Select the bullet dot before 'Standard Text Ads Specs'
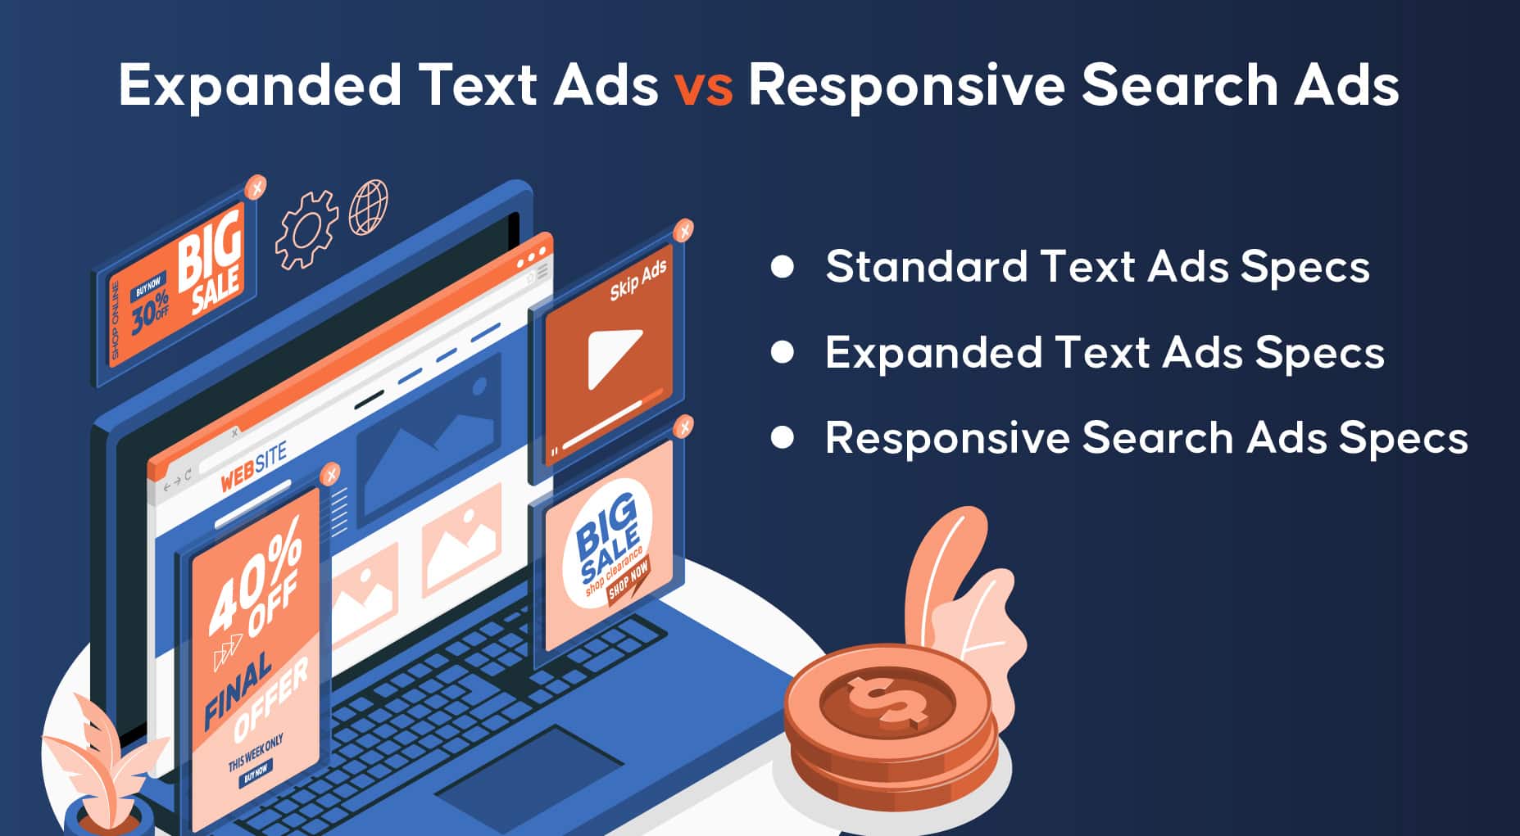tap(783, 267)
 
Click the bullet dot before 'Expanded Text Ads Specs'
tap(783, 352)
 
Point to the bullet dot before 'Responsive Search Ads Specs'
tap(783, 438)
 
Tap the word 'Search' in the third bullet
tap(1157, 437)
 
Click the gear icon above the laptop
tap(306, 229)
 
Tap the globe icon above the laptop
tap(369, 208)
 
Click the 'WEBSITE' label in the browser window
tap(254, 468)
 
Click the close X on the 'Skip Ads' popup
tap(683, 231)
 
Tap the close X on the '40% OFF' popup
tap(330, 474)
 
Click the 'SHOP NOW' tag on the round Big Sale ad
tap(628, 581)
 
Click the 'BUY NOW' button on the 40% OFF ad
tap(256, 773)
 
